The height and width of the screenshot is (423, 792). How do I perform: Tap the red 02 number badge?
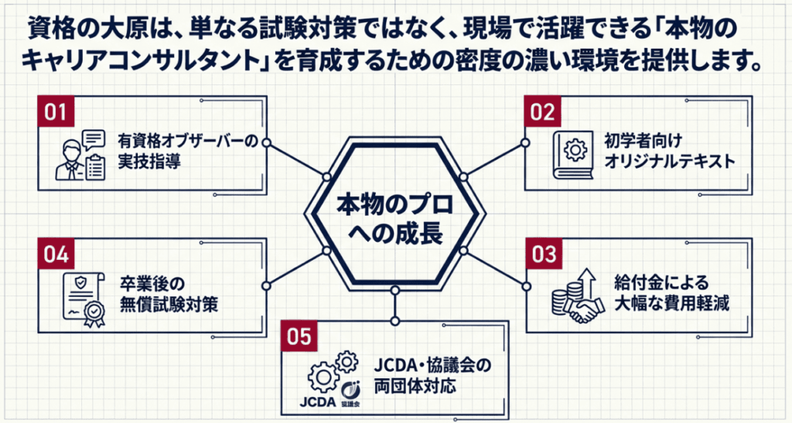click(x=541, y=111)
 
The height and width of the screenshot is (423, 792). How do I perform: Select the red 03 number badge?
click(x=541, y=255)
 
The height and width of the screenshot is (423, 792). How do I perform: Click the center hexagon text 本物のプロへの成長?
click(x=394, y=219)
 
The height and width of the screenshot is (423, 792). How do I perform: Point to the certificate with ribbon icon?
click(x=82, y=298)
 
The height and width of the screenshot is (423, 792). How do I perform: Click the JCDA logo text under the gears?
click(x=317, y=402)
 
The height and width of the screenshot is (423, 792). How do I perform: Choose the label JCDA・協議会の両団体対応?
click(x=432, y=374)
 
